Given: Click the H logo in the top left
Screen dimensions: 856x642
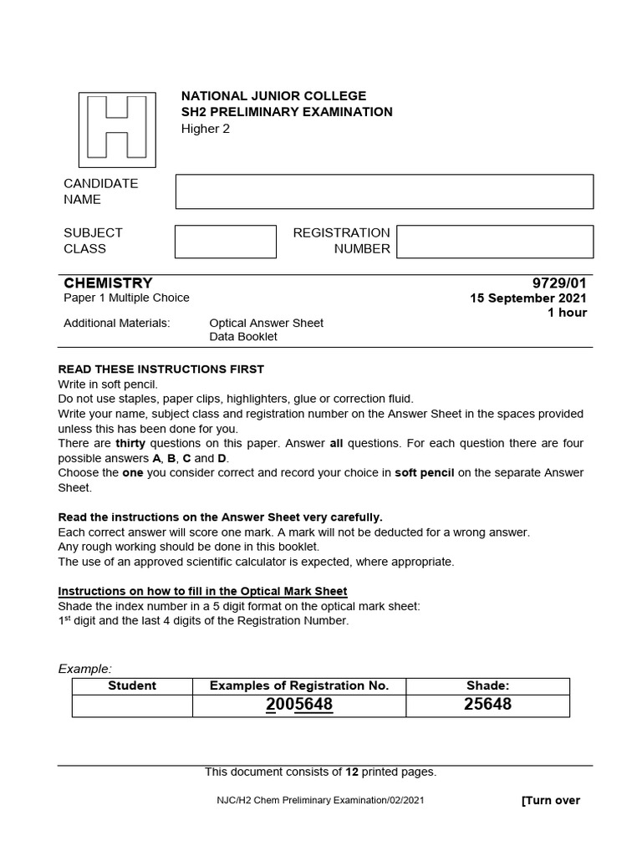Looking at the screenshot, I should [116, 130].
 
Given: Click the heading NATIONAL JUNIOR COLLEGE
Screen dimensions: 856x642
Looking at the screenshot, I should [273, 96].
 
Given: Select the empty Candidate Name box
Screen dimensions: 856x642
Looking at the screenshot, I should [384, 191].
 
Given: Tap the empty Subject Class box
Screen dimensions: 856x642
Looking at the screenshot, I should [225, 242].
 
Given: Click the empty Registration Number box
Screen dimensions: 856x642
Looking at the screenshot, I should [494, 242].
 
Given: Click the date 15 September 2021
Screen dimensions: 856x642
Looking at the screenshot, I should [528, 298].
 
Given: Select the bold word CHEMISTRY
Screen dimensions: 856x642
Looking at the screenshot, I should [108, 283].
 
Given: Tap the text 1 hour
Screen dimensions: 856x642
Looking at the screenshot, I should [567, 313].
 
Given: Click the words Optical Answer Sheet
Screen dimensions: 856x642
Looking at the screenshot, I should [266, 323].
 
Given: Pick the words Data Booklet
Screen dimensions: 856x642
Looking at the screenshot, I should [242, 337].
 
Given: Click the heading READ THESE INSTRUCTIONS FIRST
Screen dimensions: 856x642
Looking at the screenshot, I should [160, 369].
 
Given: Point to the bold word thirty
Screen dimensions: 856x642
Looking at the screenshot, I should [130, 443].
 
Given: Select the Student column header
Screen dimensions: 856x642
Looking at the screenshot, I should [132, 685].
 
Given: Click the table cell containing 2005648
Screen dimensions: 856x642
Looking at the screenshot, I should [298, 705].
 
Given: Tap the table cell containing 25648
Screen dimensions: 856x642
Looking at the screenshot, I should [487, 705].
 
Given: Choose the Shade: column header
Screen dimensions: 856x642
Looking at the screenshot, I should [487, 685].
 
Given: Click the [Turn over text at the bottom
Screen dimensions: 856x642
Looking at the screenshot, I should [550, 800].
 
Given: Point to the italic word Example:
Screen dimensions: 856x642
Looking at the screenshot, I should [84, 668].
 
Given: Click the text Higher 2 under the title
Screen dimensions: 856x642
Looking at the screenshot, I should [205, 128].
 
